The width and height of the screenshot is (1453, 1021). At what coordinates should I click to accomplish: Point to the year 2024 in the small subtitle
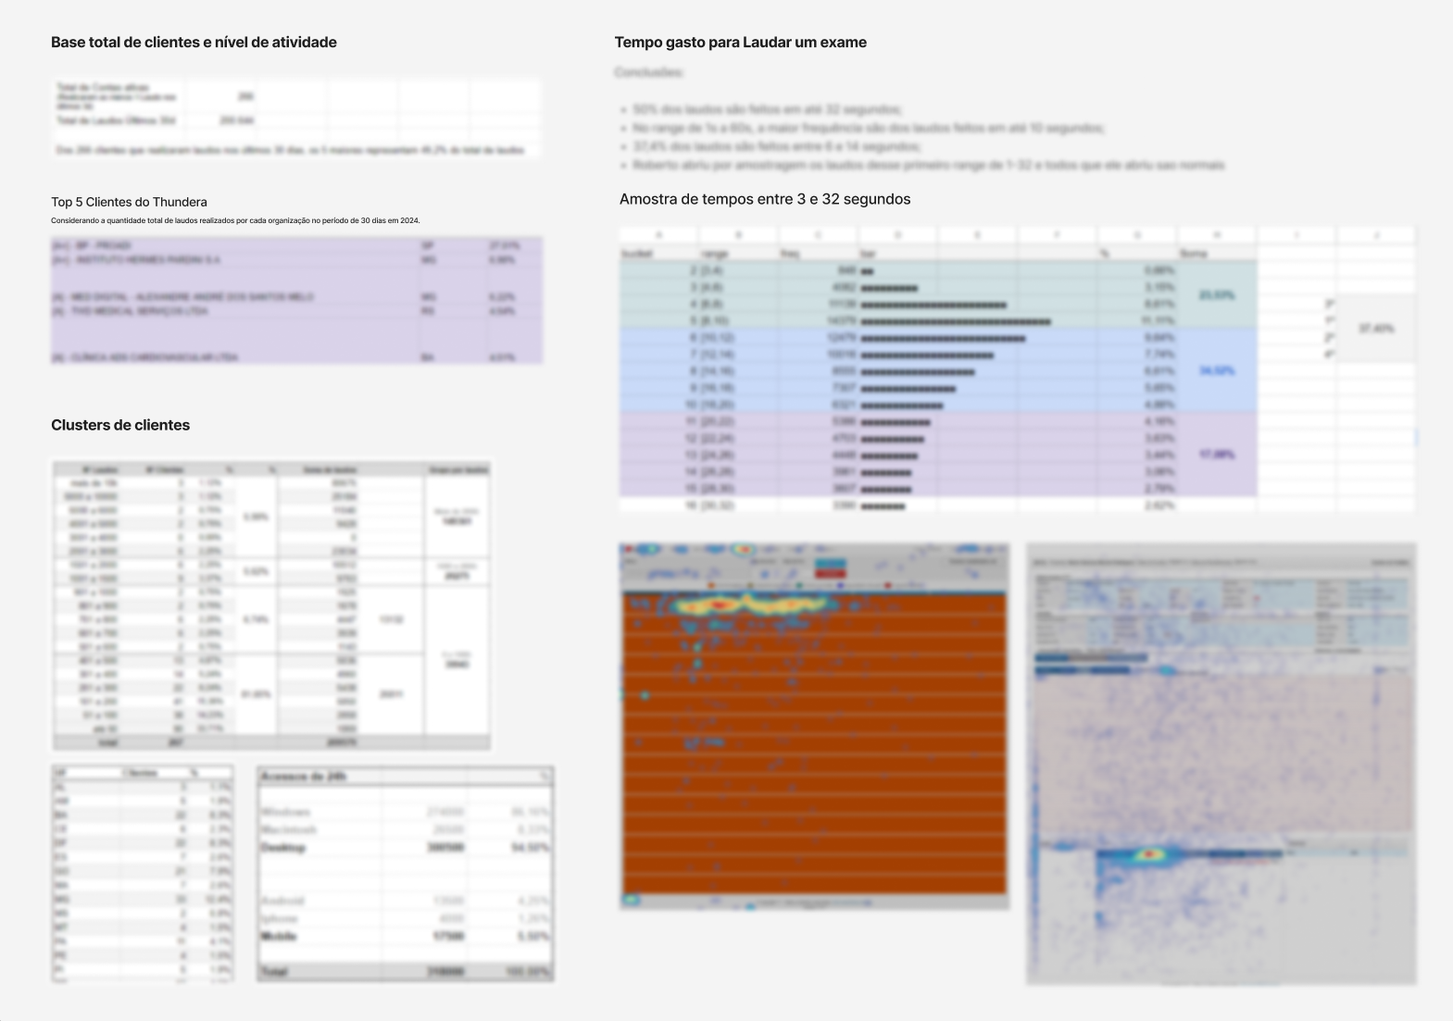click(410, 221)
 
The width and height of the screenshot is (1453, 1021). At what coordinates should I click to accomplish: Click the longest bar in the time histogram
click(956, 322)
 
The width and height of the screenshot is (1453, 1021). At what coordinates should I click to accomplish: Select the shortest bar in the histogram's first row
click(867, 271)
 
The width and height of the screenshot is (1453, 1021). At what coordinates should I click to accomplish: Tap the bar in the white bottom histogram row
click(883, 506)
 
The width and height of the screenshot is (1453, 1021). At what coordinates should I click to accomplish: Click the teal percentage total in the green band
click(1216, 295)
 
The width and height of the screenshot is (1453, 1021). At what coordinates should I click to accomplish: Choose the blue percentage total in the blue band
click(1216, 371)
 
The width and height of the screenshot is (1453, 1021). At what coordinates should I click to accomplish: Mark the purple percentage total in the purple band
click(1216, 454)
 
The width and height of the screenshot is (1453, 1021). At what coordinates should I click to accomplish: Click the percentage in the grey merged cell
click(1376, 329)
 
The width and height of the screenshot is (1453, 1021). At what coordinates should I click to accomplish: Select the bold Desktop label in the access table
click(282, 848)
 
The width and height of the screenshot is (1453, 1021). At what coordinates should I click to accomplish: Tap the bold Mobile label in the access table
click(279, 937)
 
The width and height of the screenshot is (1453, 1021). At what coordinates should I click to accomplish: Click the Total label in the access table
click(274, 972)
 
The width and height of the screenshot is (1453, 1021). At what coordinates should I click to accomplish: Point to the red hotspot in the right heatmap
click(1149, 854)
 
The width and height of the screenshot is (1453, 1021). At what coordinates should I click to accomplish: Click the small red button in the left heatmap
click(830, 574)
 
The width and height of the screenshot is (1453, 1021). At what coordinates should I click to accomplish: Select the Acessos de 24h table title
click(303, 777)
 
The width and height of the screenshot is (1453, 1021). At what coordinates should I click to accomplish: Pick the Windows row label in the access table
click(285, 813)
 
